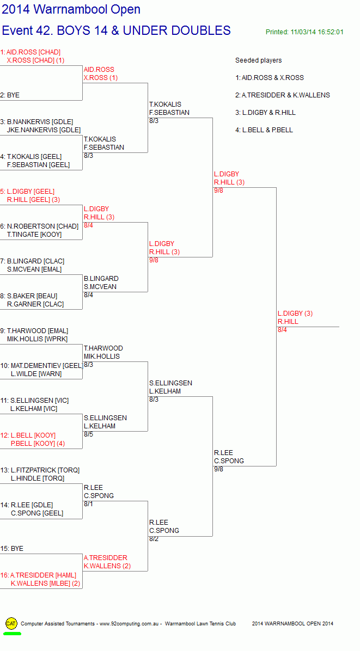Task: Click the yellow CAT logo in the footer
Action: pyautogui.click(x=11, y=623)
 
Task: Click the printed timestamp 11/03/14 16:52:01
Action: pyautogui.click(x=317, y=32)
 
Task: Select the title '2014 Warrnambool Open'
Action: pyautogui.click(x=71, y=9)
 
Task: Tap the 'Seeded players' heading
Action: pyautogui.click(x=259, y=60)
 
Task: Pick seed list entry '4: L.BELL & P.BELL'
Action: pyautogui.click(x=264, y=130)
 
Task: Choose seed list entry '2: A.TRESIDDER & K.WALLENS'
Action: pyautogui.click(x=283, y=95)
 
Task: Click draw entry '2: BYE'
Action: pyautogui.click(x=10, y=95)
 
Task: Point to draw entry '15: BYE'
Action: pyautogui.click(x=11, y=549)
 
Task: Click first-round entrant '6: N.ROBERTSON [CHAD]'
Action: pyautogui.click(x=39, y=226)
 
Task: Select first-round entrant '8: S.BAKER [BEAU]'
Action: pyautogui.click(x=29, y=296)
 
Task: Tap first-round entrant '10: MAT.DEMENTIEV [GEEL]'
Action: pyautogui.click(x=41, y=366)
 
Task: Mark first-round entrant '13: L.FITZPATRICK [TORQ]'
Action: pyautogui.click(x=40, y=470)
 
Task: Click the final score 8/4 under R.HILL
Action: pyautogui.click(x=282, y=330)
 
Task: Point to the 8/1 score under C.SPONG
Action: pyautogui.click(x=88, y=505)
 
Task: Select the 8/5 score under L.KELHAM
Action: pyautogui.click(x=88, y=435)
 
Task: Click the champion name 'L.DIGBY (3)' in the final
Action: pyautogui.click(x=295, y=314)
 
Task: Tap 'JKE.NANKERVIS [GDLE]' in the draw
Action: pyautogui.click(x=44, y=130)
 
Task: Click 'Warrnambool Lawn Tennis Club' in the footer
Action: pyautogui.click(x=200, y=624)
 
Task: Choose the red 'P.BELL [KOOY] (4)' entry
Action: pyautogui.click(x=38, y=444)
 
